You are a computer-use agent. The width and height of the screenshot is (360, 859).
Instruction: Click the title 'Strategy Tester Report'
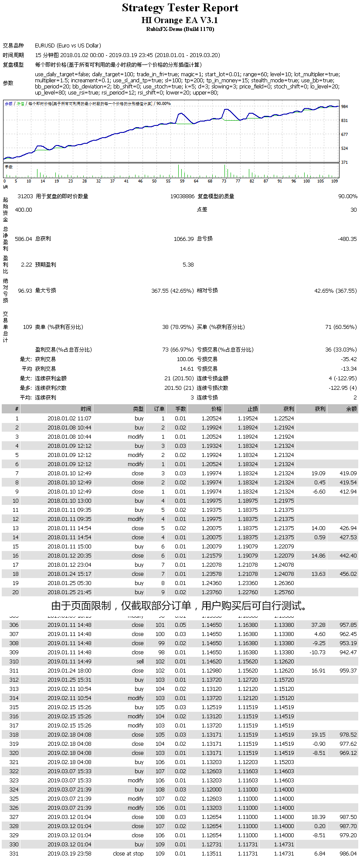tap(180, 8)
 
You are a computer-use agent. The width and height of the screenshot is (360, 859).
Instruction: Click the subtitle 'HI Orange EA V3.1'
tap(180, 20)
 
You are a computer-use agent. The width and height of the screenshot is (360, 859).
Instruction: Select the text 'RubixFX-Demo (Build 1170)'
tap(180, 29)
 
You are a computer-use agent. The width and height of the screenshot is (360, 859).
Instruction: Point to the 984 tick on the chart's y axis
tap(344, 106)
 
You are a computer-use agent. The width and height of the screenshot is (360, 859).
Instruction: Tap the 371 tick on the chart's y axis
tap(344, 162)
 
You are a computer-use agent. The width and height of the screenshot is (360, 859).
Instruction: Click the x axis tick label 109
tap(335, 181)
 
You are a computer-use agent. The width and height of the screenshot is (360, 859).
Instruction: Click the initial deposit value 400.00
tap(24, 210)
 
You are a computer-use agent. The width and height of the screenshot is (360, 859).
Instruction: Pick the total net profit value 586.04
tap(24, 239)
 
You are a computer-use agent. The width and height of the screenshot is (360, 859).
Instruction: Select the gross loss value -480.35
tap(347, 239)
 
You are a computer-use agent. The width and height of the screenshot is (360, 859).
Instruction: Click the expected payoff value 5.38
tap(188, 264)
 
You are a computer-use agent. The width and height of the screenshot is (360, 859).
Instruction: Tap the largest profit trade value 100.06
tap(185, 359)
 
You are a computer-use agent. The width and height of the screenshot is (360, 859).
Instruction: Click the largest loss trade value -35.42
tap(349, 359)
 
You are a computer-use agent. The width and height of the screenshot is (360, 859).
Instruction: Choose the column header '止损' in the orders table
tap(253, 409)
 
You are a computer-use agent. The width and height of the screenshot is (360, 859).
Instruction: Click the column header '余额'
tap(351, 409)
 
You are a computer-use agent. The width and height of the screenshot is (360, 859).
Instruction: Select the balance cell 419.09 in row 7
tap(348, 473)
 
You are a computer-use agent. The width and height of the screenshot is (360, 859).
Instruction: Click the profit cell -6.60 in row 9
tap(319, 491)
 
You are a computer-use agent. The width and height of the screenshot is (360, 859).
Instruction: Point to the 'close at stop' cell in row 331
tap(128, 853)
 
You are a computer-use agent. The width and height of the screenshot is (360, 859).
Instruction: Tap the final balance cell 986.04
tap(348, 853)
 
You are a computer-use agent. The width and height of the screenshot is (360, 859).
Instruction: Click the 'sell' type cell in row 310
tap(140, 661)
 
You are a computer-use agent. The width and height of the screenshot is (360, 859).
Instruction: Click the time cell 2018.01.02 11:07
tap(69, 418)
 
